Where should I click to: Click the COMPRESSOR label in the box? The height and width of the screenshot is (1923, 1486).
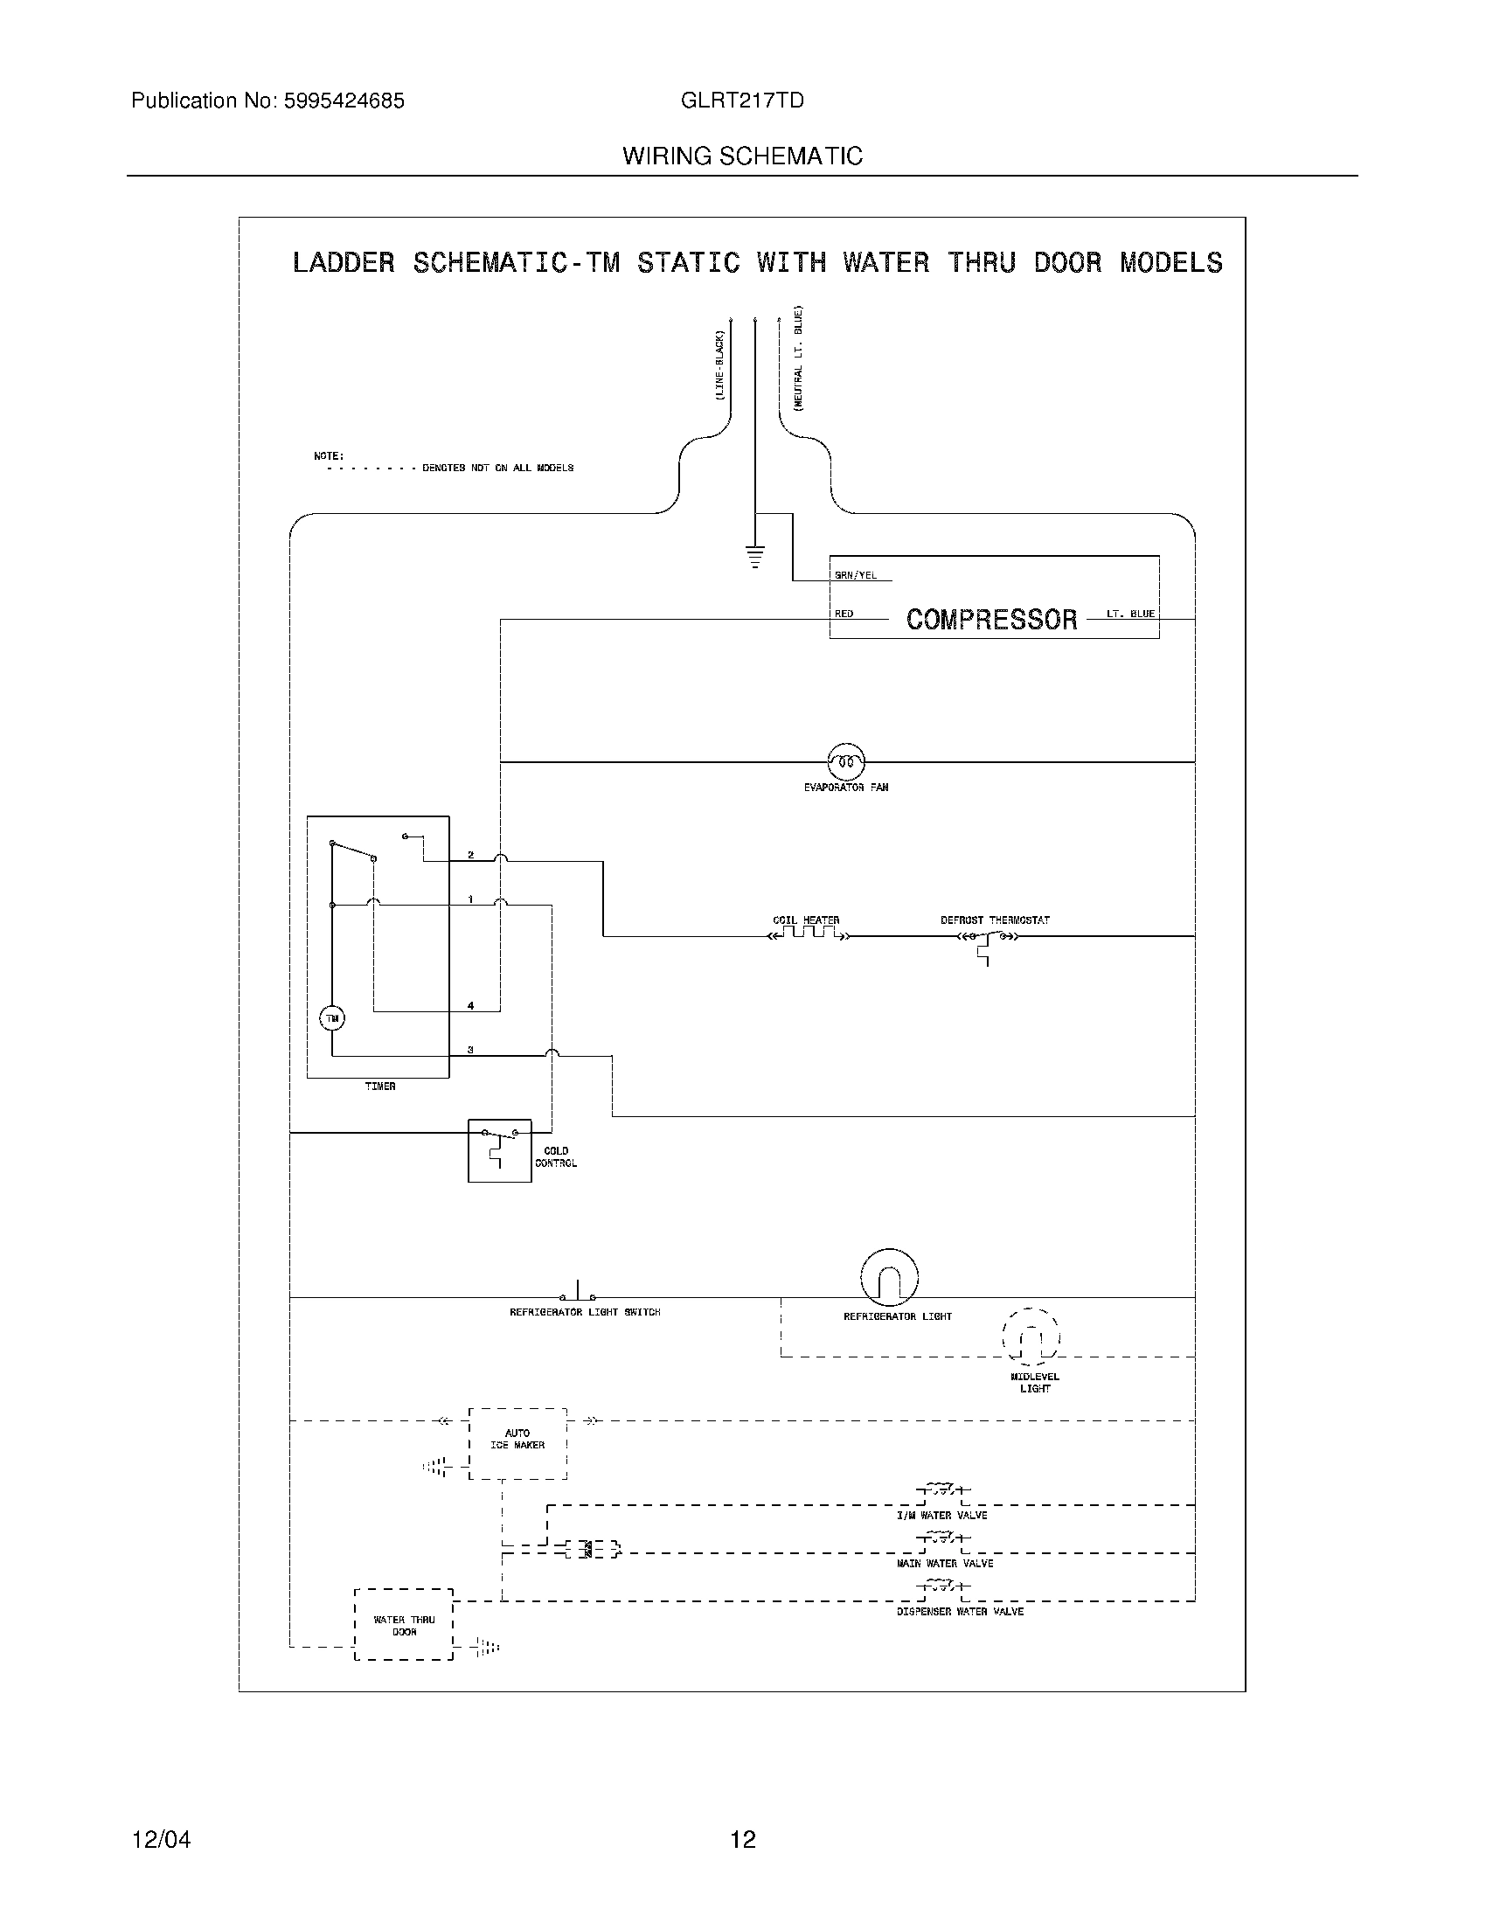pos(991,620)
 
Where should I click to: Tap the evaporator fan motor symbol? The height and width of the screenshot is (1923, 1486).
pos(846,760)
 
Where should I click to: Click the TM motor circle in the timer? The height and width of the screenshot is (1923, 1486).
pos(332,1018)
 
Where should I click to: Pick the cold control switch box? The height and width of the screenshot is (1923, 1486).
pos(499,1150)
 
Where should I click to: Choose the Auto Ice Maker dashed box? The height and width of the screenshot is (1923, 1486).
pos(517,1443)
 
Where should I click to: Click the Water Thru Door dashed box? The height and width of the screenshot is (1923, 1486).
pos(404,1625)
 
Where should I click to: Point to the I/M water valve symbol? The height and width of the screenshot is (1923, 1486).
pos(942,1490)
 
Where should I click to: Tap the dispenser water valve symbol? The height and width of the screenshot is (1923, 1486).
pos(942,1586)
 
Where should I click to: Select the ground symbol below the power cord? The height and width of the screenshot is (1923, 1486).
pos(754,557)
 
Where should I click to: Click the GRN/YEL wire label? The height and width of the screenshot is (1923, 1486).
pos(855,576)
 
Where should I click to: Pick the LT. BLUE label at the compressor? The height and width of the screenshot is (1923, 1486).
pos(1130,614)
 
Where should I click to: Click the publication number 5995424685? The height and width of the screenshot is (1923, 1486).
pos(344,101)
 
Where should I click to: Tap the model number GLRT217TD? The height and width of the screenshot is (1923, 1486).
pos(742,101)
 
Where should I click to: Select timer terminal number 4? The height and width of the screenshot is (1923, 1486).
pos(471,1005)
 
